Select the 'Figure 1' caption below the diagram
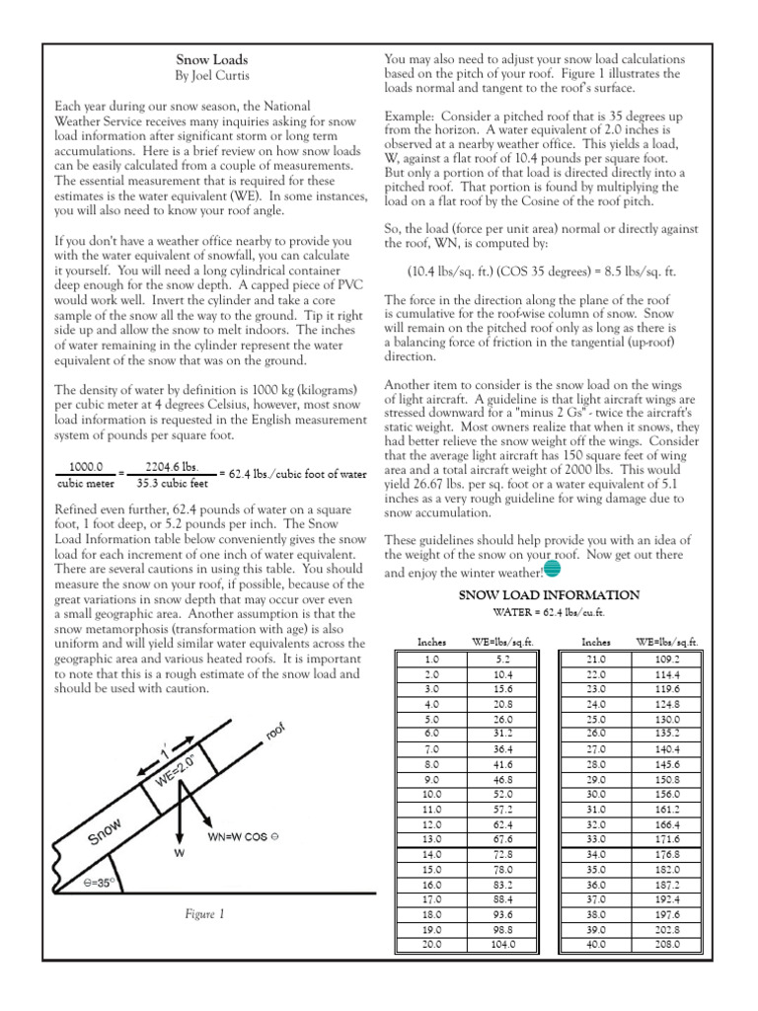[205, 913]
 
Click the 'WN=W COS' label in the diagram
[244, 836]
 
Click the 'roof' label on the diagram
[275, 739]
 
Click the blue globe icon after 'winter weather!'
[552, 569]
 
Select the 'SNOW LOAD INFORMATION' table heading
[550, 594]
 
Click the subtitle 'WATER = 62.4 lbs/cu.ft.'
[550, 612]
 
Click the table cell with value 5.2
[502, 659]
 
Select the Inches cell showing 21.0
[595, 659]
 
